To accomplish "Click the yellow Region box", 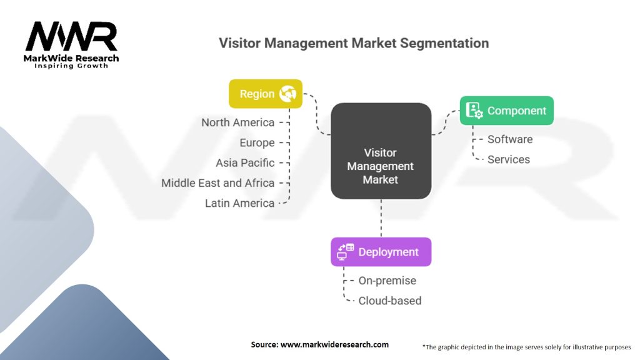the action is coord(265,94).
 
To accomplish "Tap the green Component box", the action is coord(506,111).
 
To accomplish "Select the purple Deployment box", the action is coord(381,252).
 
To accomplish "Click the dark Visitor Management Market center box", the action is coord(381,151).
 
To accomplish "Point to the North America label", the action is coord(237,122).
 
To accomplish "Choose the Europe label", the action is coord(257,143).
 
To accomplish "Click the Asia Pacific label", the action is coord(245,163).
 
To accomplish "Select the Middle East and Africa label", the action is coord(217,183).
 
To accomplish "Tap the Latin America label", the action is coord(239,203).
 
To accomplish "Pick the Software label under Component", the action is coord(510,139).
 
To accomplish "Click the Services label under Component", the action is coord(509,159).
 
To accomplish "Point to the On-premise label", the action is coord(387,281).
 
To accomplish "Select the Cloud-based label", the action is coord(390,301).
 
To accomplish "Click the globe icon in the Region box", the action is coord(287,94).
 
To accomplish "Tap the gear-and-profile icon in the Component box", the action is coord(474,110).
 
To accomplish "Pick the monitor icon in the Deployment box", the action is coord(345,252).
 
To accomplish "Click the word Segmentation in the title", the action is coord(444,43).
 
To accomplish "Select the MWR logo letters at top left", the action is coord(71,36).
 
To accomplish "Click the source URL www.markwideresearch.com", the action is coord(334,344).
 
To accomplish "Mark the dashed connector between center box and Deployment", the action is coord(381,218).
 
